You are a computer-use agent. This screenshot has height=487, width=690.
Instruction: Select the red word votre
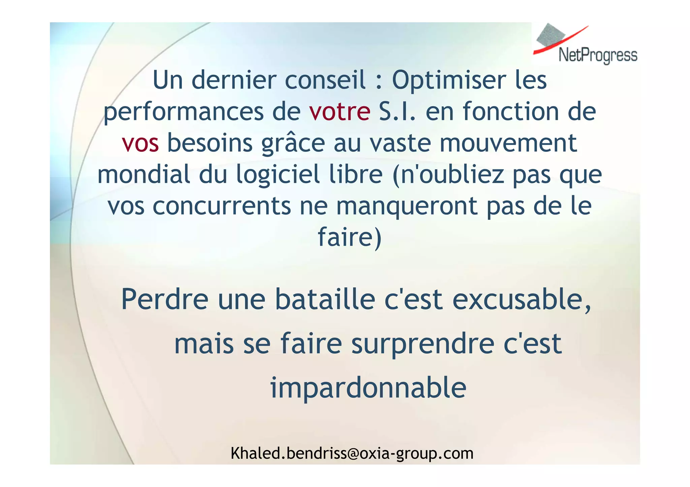tap(339, 112)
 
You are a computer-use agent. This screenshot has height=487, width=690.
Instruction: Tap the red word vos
tap(140, 143)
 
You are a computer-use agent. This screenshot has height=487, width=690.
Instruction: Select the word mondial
tap(144, 174)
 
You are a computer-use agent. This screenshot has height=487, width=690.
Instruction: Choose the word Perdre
tap(165, 299)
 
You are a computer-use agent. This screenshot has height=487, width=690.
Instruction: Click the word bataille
tap(325, 299)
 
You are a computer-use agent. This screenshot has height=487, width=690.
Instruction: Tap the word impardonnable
tap(368, 388)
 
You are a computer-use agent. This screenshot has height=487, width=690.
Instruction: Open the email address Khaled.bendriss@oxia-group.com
tap(352, 453)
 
